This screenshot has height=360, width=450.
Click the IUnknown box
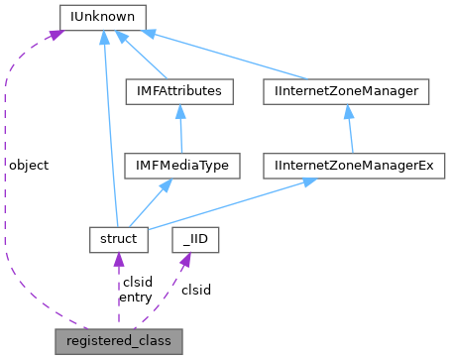click(x=102, y=17)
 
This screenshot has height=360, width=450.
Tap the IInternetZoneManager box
click(x=346, y=91)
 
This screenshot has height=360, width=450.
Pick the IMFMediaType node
click(x=181, y=165)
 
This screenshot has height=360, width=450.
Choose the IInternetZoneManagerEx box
click(x=355, y=165)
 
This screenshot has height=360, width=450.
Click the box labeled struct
click(x=118, y=238)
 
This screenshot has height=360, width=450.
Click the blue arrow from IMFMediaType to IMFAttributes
click(x=180, y=129)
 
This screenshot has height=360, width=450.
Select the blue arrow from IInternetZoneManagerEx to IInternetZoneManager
click(x=350, y=129)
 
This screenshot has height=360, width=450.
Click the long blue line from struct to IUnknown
click(x=109, y=129)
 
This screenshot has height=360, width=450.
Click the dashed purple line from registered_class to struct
click(x=118, y=293)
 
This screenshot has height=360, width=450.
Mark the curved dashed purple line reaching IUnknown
click(x=8, y=198)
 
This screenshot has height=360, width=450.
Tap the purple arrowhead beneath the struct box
click(x=118, y=260)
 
